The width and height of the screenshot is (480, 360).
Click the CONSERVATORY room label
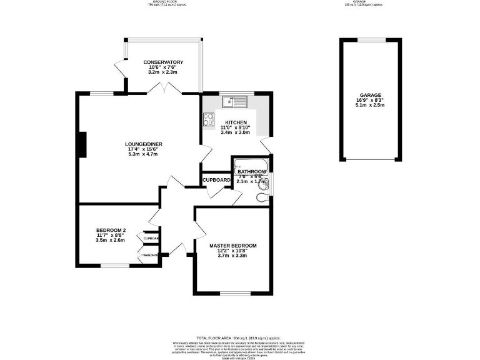click(x=162, y=62)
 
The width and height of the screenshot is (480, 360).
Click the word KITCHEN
click(x=236, y=122)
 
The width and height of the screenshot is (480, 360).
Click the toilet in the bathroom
click(x=262, y=197)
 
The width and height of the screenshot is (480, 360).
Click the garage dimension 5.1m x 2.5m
click(x=369, y=106)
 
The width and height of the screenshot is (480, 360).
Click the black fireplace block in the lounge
click(x=81, y=145)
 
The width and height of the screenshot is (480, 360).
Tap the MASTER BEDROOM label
click(x=232, y=246)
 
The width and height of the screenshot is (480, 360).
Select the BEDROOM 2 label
click(x=111, y=229)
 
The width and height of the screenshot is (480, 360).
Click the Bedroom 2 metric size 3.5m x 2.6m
click(x=111, y=240)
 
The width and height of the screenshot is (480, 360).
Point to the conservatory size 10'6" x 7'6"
click(x=162, y=67)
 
